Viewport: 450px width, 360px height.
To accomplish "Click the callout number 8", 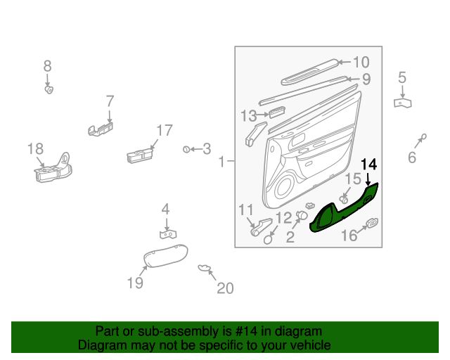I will [48, 66].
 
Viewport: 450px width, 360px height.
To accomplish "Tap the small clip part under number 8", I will [49, 89].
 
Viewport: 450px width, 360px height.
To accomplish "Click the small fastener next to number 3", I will [186, 149].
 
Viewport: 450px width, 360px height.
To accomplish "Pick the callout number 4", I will [165, 209].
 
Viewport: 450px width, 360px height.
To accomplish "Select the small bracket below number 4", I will [167, 233].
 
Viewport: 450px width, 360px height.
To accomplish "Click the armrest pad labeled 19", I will [165, 256].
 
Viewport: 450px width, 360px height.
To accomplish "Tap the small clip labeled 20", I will [205, 267].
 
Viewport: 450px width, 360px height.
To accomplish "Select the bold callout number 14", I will [369, 165].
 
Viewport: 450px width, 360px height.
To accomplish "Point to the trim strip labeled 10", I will [309, 70].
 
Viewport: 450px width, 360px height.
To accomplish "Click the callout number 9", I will [366, 79].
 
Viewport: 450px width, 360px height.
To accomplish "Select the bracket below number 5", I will [402, 103].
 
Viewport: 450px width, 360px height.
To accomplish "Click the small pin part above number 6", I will [423, 136].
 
